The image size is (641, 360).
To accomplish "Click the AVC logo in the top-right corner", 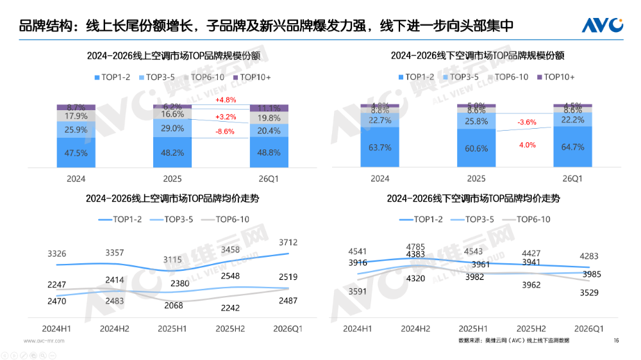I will pos(602,25).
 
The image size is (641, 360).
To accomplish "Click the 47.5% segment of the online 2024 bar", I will pos(76,153).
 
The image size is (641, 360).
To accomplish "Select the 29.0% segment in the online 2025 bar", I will pos(172,128).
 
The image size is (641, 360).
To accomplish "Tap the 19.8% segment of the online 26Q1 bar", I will pos(269,118).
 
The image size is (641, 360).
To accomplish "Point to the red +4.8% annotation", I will pos(226,100).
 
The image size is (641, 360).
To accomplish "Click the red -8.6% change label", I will pos(224,131).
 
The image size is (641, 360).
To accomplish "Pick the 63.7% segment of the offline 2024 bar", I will pos(379,147).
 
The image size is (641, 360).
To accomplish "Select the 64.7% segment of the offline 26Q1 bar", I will pos(572,147).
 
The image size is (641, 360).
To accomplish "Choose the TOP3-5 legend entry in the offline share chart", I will pos(460,78).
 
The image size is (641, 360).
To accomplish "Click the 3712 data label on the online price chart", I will pos(288,241).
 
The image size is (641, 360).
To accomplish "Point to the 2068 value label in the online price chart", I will pos(173,305).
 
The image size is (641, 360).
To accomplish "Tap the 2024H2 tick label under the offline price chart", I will pos(415,329).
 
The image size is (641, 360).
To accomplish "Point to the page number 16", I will pos(616,340).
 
